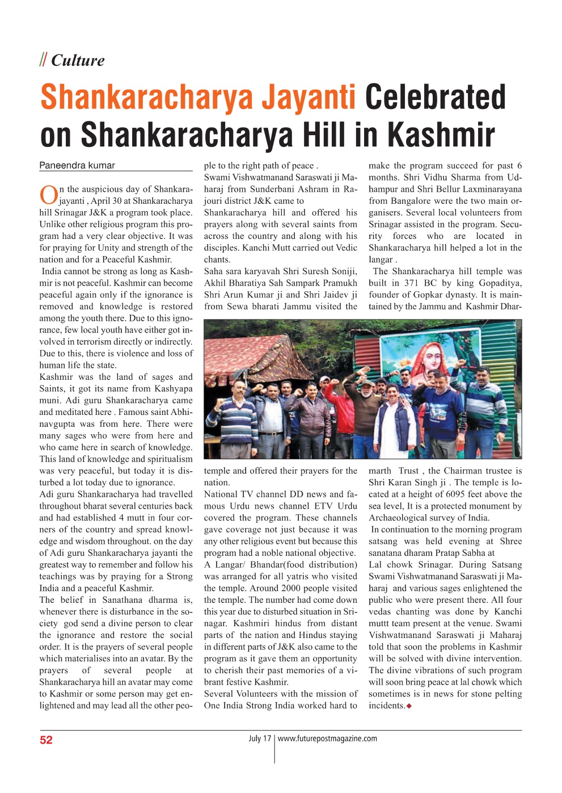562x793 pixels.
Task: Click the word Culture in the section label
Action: pyautogui.click(x=78, y=60)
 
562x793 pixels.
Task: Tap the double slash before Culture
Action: pyautogui.click(x=43, y=60)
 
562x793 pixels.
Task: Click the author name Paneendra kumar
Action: pyautogui.click(x=77, y=165)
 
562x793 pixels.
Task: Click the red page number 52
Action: pyautogui.click(x=46, y=740)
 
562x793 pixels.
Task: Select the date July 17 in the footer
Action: pyautogui.click(x=259, y=739)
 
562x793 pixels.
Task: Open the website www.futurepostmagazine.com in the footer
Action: pyautogui.click(x=327, y=739)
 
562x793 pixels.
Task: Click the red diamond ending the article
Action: pyautogui.click(x=409, y=706)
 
